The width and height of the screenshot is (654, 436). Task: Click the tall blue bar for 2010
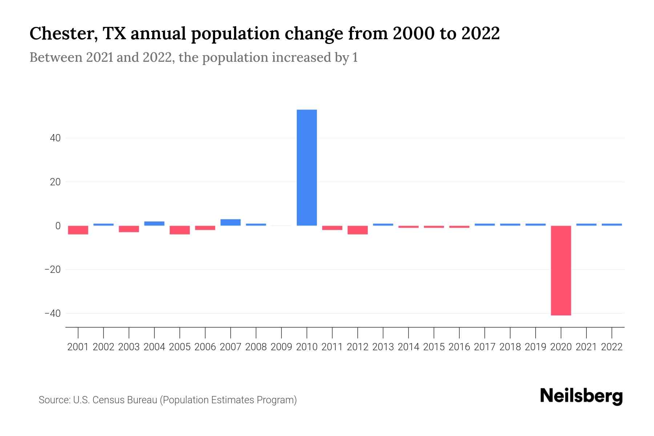pos(307,167)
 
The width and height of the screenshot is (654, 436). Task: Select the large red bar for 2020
pos(561,270)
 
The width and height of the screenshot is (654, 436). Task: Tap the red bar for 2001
pos(78,230)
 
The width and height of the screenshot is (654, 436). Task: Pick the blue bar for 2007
pos(230,222)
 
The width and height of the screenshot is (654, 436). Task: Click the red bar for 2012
pos(358,230)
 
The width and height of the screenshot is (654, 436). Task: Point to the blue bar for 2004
pos(154,223)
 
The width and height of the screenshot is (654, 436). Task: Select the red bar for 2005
pos(180,230)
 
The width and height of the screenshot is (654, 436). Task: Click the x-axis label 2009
pos(281,347)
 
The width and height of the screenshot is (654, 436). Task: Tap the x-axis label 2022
pos(611,347)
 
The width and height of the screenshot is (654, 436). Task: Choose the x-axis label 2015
pos(434,347)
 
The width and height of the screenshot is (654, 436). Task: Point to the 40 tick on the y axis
pos(55,138)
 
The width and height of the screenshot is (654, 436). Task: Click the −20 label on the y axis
pos(52,270)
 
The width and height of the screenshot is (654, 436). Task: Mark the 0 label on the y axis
pos(58,226)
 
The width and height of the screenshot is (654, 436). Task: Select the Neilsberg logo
pos(581,396)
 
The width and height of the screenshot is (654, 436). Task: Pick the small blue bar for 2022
pos(611,225)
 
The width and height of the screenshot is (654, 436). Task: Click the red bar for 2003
pos(129,229)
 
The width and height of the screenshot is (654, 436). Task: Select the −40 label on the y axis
pos(52,313)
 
